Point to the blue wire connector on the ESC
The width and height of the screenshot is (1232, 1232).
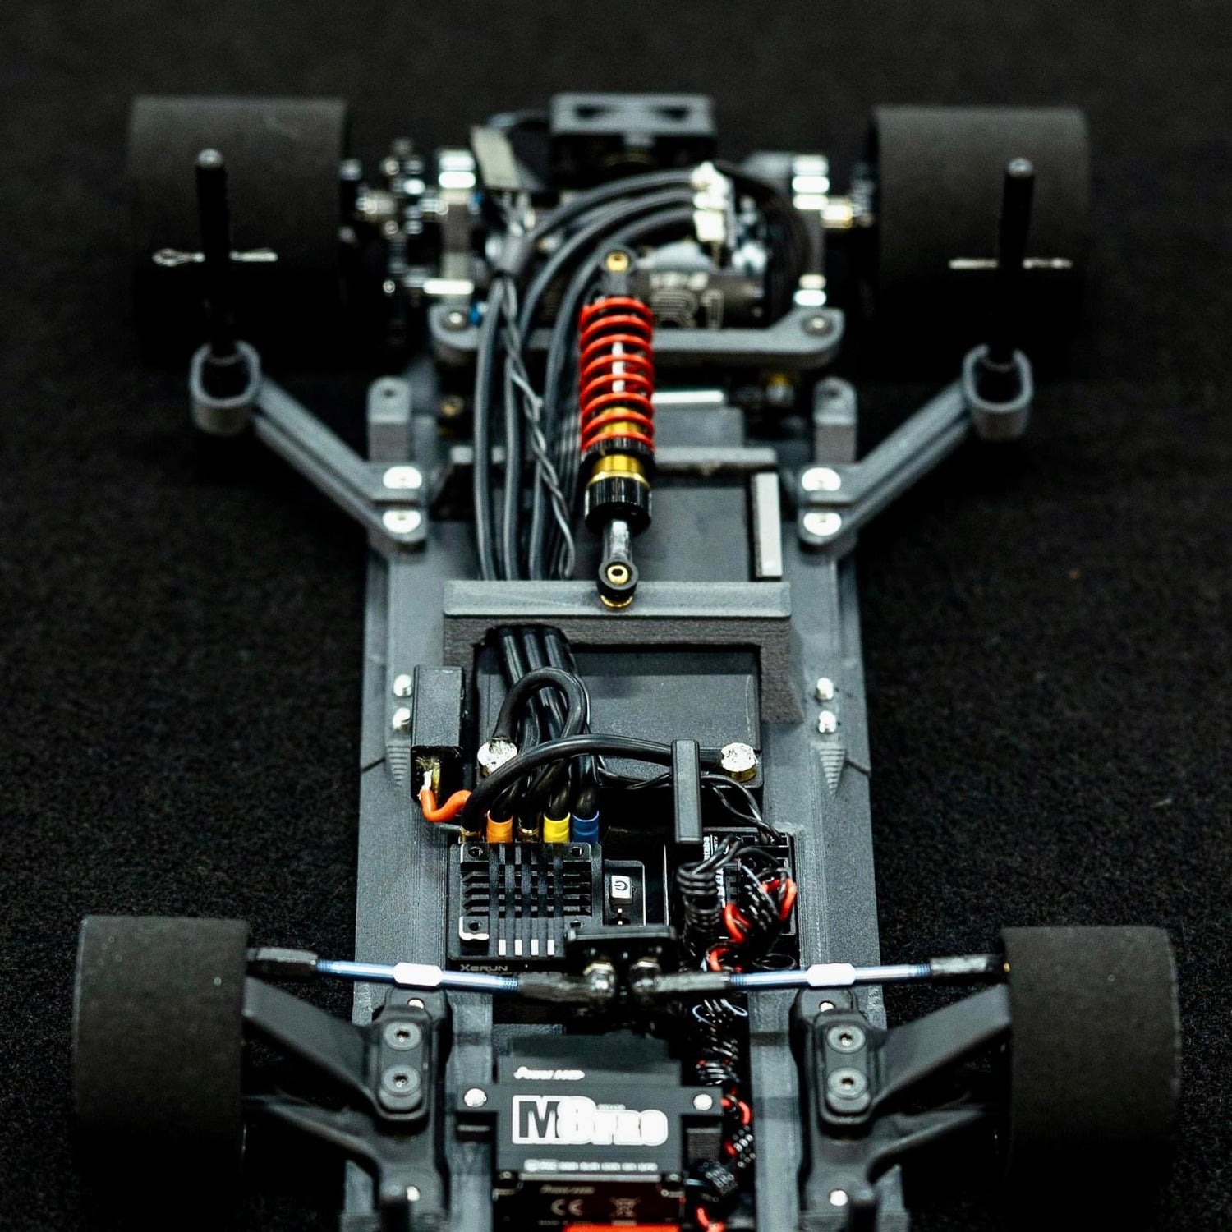coord(584,823)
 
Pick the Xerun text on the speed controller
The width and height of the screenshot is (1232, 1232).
coord(485,968)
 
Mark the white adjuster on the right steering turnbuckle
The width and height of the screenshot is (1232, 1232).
coord(826,976)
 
